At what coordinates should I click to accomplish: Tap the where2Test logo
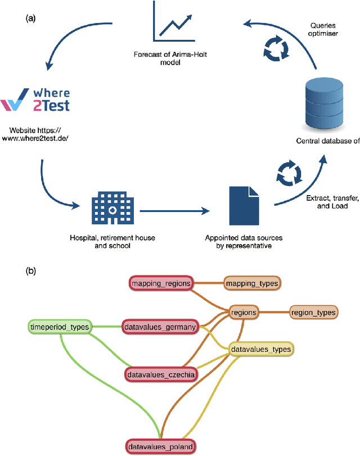(35, 99)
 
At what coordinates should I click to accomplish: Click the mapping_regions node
(161, 283)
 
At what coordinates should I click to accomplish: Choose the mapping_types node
(251, 283)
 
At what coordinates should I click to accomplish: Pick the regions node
(243, 312)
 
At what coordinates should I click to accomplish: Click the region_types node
(313, 312)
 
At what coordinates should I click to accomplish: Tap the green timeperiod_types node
(60, 326)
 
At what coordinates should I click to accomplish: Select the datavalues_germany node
(161, 326)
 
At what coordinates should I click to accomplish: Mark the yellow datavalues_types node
(261, 349)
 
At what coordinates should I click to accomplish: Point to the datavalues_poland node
(160, 448)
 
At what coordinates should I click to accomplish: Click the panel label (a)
(31, 18)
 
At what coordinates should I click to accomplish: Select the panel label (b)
(32, 270)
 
